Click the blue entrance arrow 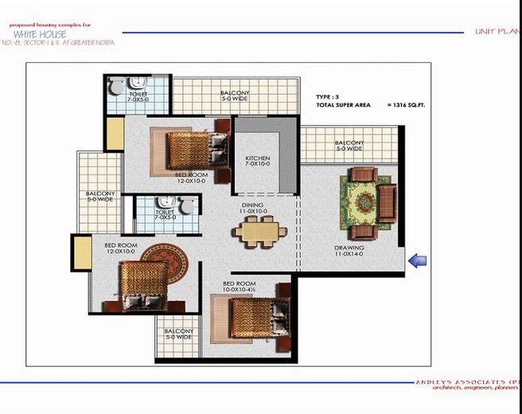(x=418, y=260)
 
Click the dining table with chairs (x=258, y=232)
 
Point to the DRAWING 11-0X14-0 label (x=349, y=251)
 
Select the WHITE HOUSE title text (x=40, y=34)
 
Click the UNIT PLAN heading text (x=497, y=31)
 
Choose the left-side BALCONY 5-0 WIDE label (x=100, y=196)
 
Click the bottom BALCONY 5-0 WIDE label (x=178, y=334)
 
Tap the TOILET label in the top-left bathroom (x=138, y=97)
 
